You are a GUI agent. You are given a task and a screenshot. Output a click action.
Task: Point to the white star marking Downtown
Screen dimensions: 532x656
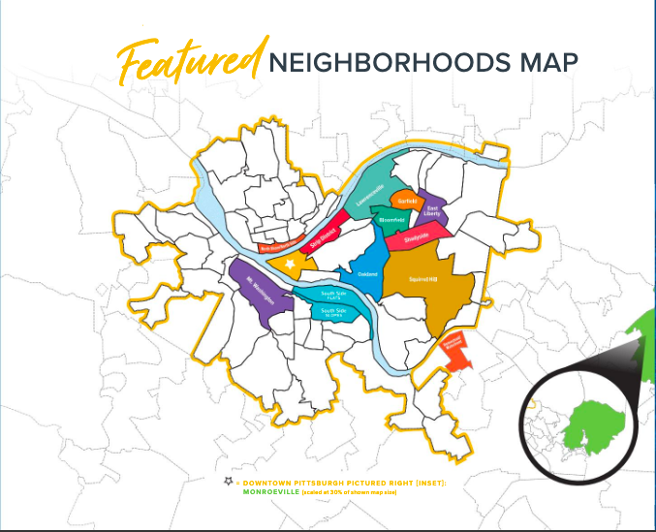(x=288, y=263)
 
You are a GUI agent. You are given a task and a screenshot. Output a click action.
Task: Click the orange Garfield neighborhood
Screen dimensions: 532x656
(x=407, y=201)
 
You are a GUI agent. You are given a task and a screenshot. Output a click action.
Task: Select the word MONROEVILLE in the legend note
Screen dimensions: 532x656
(x=266, y=493)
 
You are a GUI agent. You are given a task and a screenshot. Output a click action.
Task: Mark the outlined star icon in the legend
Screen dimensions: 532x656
(x=228, y=482)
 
